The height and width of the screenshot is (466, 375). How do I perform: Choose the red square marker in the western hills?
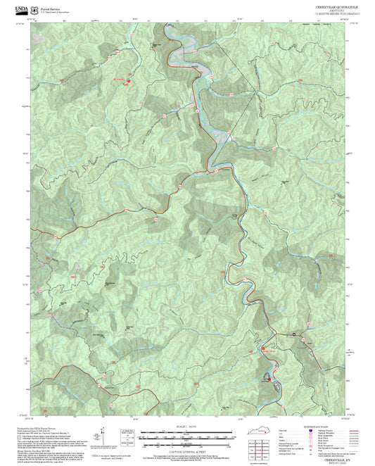(129, 80)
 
